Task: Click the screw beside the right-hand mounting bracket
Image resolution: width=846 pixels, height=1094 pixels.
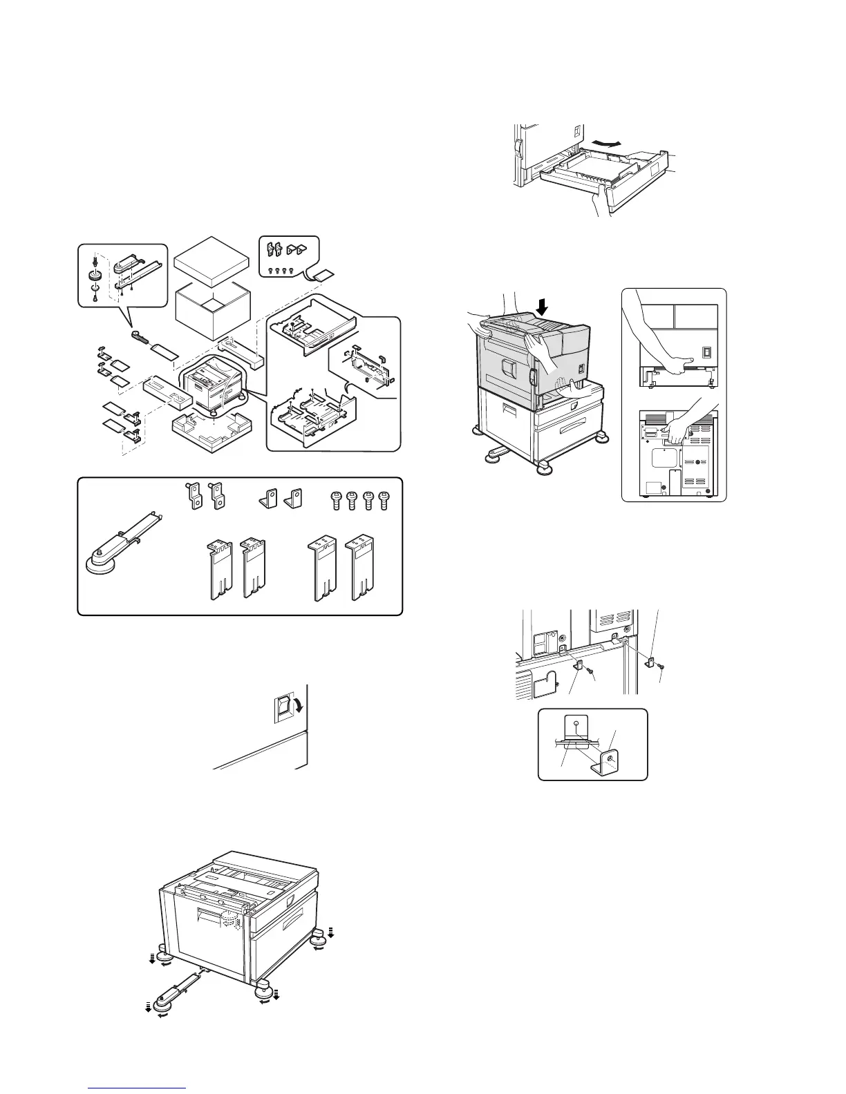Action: [x=662, y=665]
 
